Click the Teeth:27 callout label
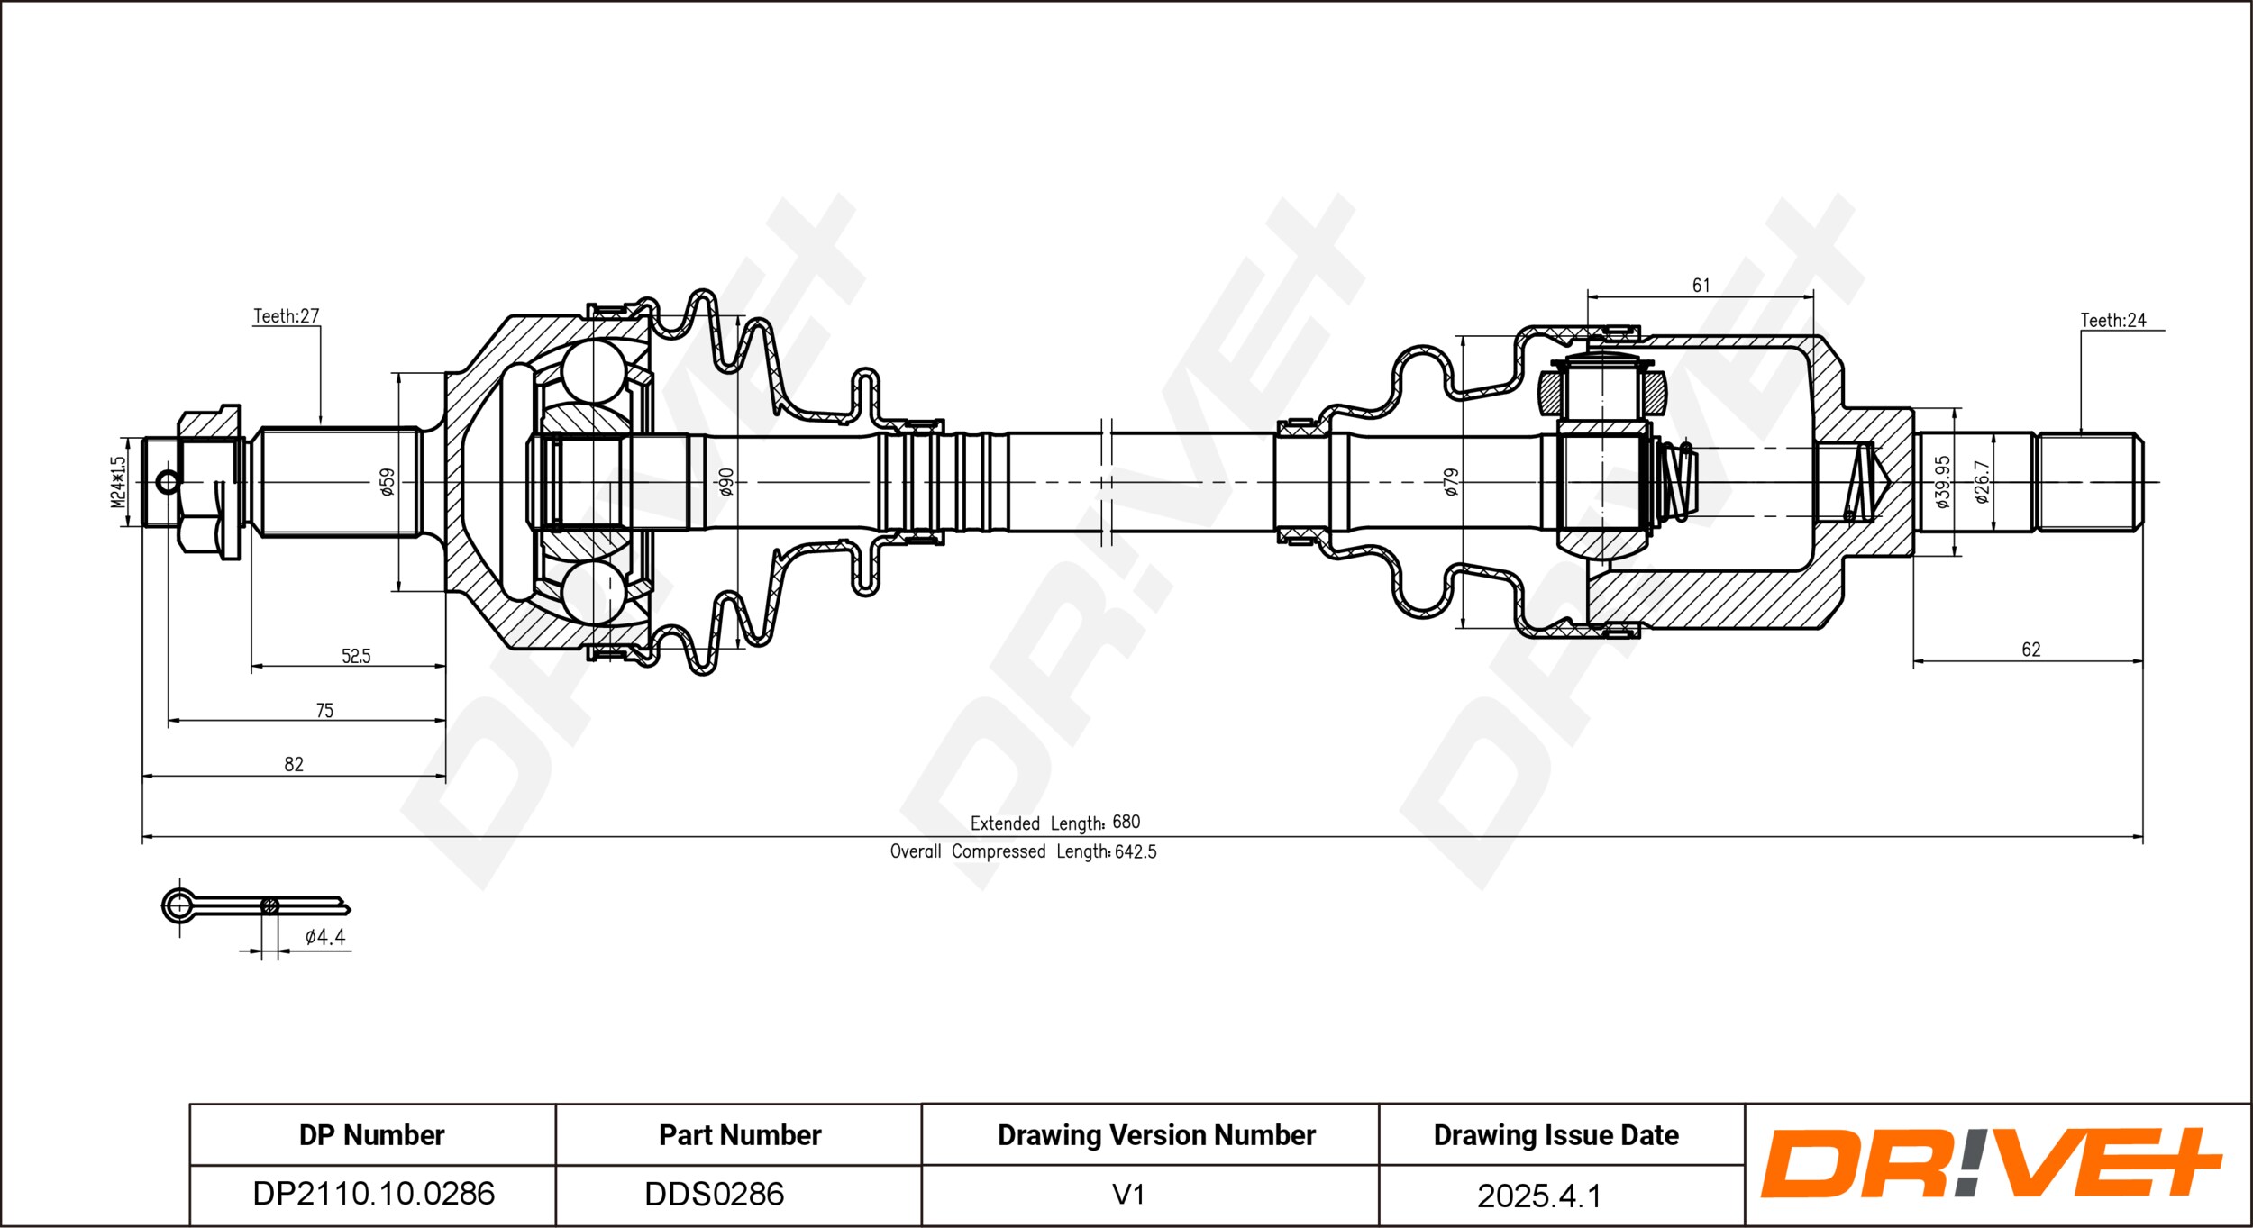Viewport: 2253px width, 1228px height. click(286, 316)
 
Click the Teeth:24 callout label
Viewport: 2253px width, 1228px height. click(2113, 320)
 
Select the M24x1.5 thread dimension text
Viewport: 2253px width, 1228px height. click(118, 481)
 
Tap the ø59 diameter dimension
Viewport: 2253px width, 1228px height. click(388, 482)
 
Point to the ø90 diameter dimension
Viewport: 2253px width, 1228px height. click(726, 482)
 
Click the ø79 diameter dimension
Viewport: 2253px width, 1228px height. click(1451, 482)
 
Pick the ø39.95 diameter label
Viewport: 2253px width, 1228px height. click(1943, 482)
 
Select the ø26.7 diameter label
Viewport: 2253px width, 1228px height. click(1981, 482)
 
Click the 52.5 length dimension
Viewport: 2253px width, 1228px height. click(356, 656)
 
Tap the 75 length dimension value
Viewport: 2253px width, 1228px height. click(324, 711)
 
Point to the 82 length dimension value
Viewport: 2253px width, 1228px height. click(294, 765)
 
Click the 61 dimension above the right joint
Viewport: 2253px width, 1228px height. click(1701, 286)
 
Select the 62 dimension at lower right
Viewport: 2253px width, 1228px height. click(2031, 650)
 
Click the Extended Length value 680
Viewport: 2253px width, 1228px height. click(1126, 822)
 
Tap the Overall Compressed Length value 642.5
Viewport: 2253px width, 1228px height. click(1136, 851)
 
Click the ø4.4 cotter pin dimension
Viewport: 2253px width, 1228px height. click(325, 937)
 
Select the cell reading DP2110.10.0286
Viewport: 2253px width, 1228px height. click(373, 1194)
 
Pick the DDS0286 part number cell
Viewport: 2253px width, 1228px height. click(714, 1194)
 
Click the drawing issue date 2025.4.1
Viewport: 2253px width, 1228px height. click(1539, 1196)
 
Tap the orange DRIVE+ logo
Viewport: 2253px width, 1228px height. click(1991, 1162)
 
